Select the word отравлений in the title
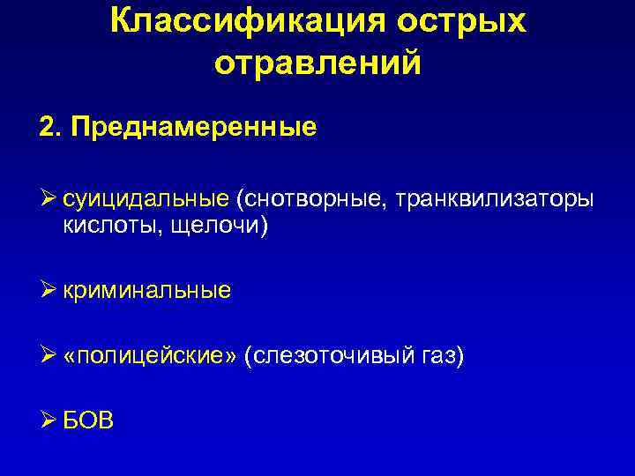[317, 63]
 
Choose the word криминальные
[147, 291]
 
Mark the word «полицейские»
[151, 355]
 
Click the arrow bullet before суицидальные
[48, 201]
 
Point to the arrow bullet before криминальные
[48, 291]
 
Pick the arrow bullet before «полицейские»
[48, 355]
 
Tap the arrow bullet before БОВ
[48, 420]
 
